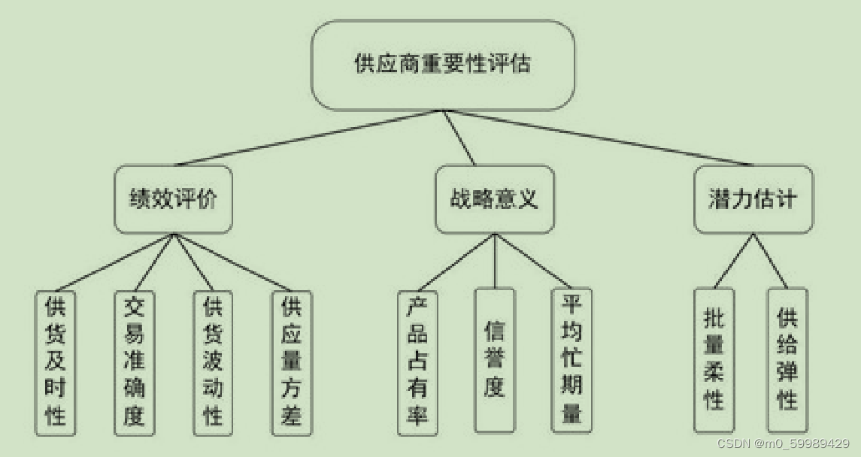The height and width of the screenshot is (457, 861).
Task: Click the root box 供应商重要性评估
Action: [x=442, y=65]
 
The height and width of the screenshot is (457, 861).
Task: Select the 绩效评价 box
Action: [x=173, y=200]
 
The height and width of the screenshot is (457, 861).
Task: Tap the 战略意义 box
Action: [x=494, y=200]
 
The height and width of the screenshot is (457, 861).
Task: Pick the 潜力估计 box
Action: [x=752, y=200]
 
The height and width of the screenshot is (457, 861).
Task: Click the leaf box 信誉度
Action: [x=494, y=360]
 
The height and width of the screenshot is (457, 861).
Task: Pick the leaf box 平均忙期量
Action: [x=571, y=360]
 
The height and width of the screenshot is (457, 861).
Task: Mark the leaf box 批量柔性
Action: [x=713, y=360]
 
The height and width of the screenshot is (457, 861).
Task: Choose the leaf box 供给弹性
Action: [x=787, y=360]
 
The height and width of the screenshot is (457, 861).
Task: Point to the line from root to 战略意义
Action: [x=459, y=138]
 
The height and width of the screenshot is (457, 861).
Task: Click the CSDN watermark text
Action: [x=783, y=443]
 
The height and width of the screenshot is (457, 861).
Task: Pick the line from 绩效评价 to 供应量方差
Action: [x=233, y=263]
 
